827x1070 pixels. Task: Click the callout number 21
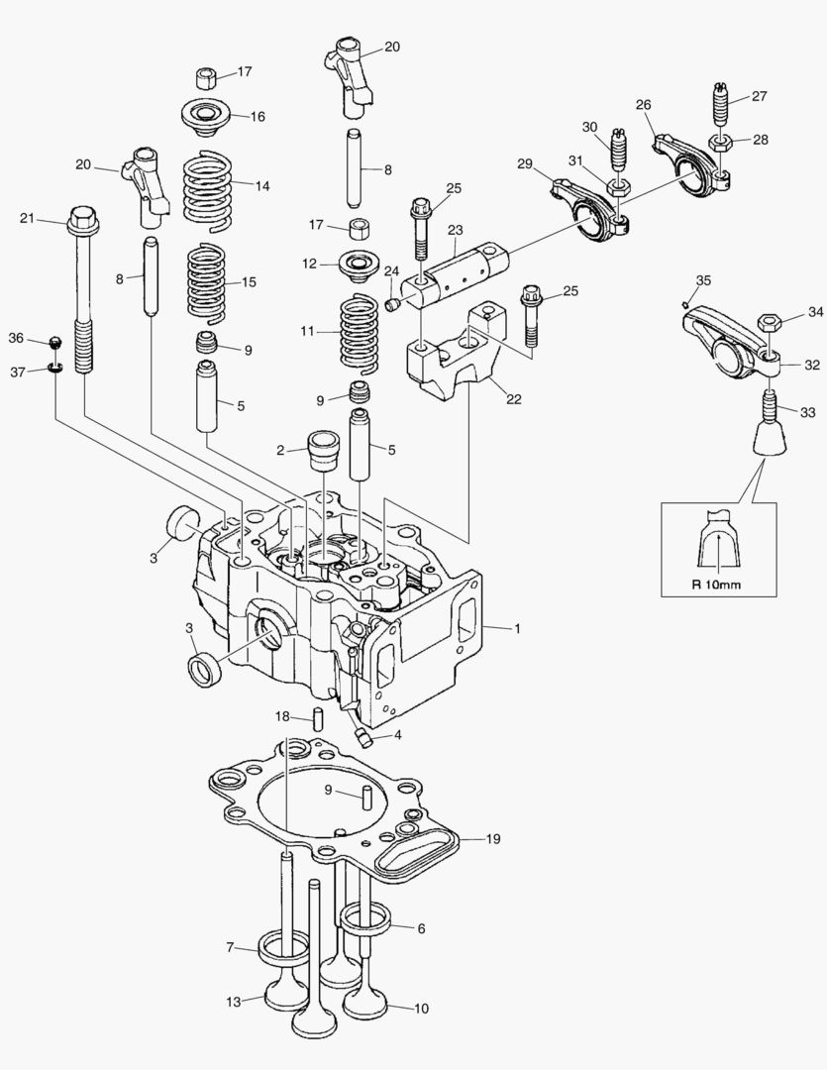click(x=27, y=218)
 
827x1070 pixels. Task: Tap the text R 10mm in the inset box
click(x=716, y=584)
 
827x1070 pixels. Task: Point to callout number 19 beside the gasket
click(x=492, y=839)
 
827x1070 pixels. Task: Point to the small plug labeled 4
click(x=362, y=735)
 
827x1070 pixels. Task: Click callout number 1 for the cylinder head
click(x=516, y=628)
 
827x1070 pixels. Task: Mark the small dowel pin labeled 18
click(x=320, y=717)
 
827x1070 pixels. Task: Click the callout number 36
click(x=16, y=338)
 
